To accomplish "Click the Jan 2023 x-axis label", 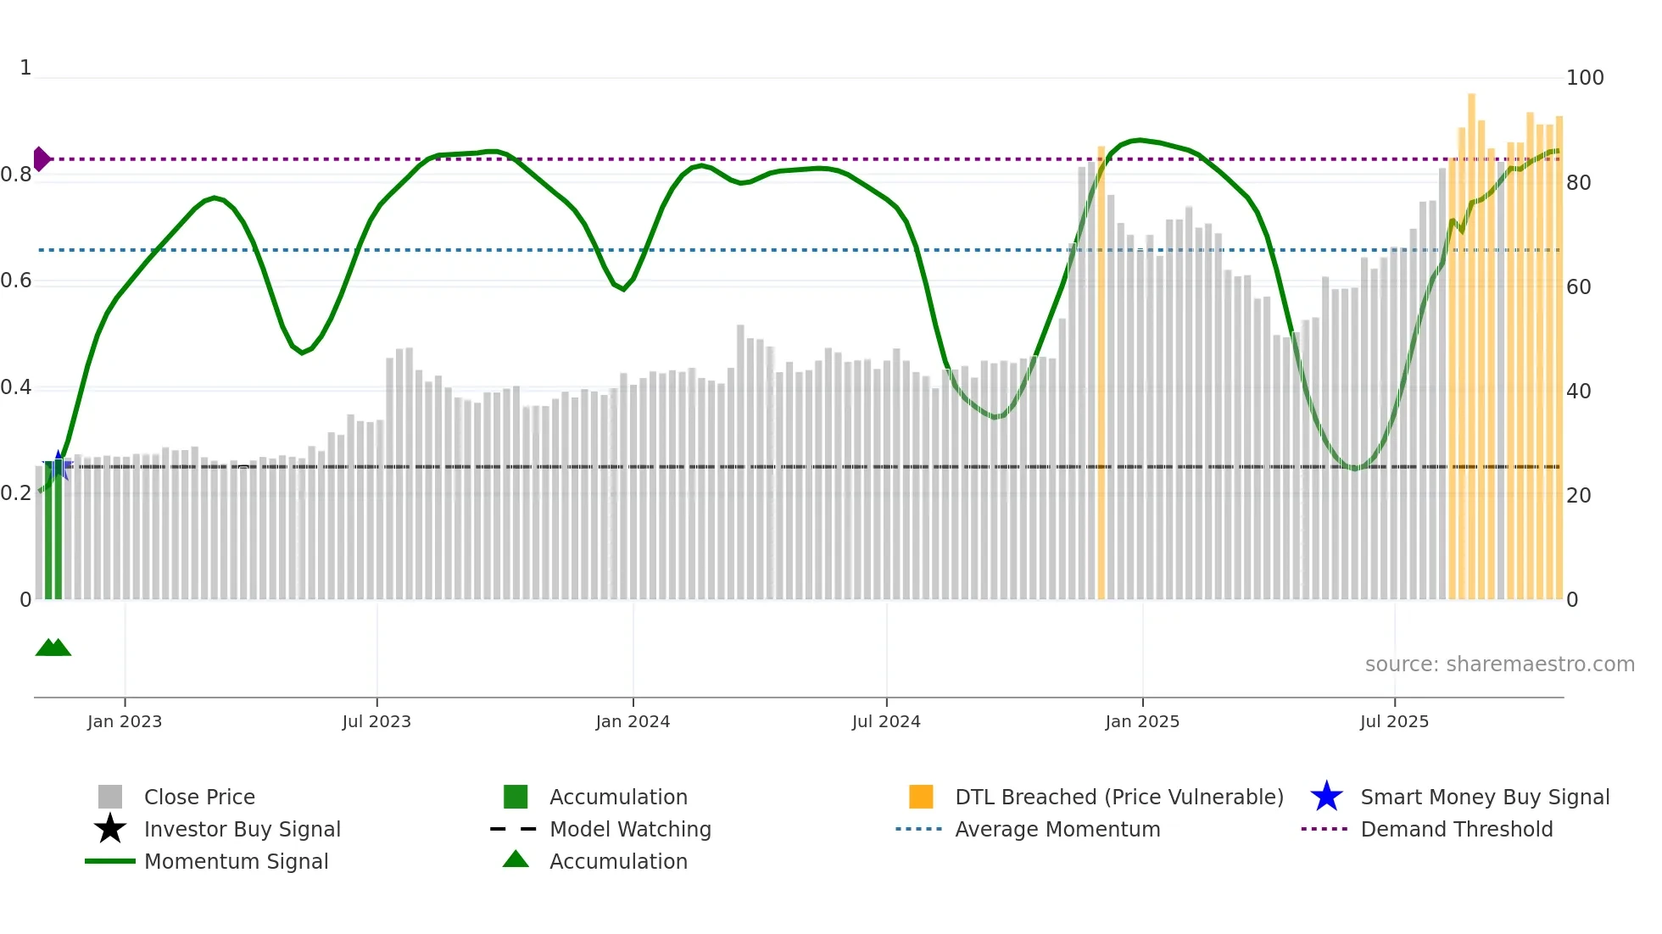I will [x=125, y=722].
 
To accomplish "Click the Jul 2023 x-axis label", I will [x=376, y=722].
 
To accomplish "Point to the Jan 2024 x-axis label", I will [x=633, y=722].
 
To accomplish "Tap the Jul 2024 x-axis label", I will [x=886, y=722].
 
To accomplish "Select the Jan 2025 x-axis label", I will [x=1142, y=722].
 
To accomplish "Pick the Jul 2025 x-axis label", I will [x=1394, y=722].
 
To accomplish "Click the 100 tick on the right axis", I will [x=1585, y=78].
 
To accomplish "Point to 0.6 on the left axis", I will [x=16, y=281].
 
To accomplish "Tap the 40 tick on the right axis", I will [x=1579, y=392].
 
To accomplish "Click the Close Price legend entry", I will [x=199, y=798].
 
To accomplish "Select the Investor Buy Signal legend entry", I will [x=242, y=830].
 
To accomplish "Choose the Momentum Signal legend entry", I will [x=236, y=862].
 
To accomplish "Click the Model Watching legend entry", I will [x=630, y=830].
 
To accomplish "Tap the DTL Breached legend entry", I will [x=1118, y=798].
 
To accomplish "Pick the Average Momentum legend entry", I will [x=1057, y=830].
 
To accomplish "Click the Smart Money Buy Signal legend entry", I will [x=1484, y=798].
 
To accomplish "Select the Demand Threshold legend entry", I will [x=1456, y=830].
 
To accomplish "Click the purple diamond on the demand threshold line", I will [x=41, y=159].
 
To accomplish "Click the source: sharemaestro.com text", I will [x=1499, y=664].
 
